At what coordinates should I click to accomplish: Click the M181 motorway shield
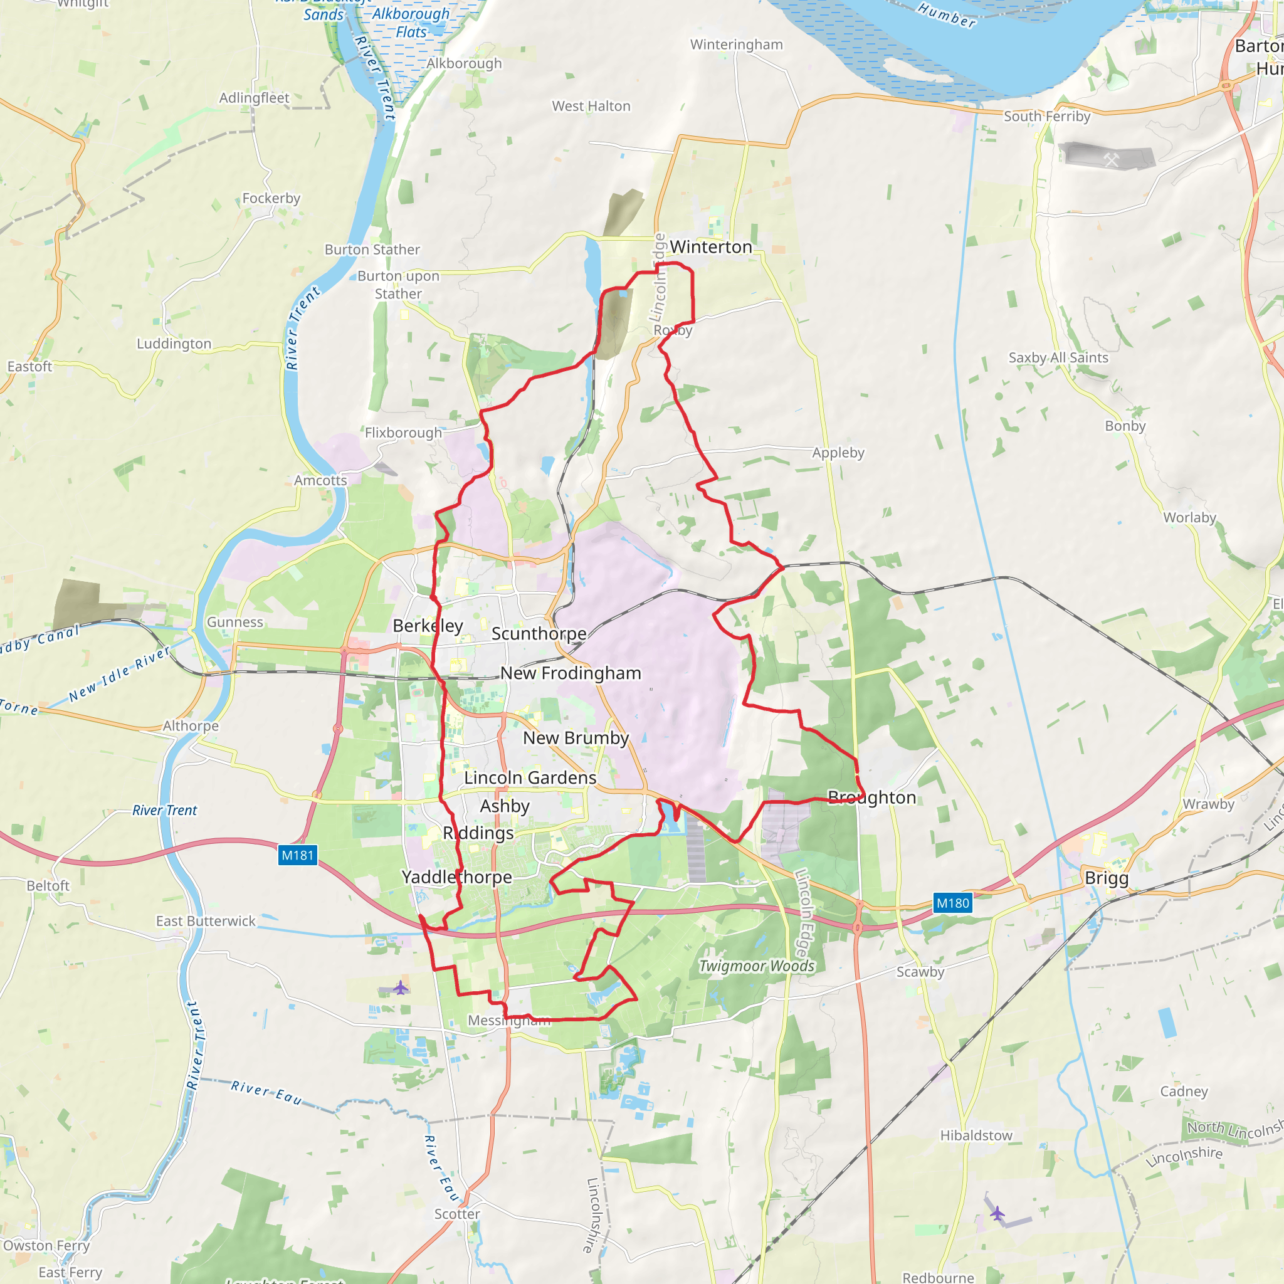(297, 855)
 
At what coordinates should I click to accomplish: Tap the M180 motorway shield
(953, 903)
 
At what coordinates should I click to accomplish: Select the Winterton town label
(710, 246)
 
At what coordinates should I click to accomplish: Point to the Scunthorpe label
(539, 633)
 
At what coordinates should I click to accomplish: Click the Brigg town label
(1107, 878)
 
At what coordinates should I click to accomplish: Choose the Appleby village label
(838, 453)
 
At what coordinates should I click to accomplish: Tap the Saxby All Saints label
(1058, 357)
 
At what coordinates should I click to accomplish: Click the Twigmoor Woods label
(756, 966)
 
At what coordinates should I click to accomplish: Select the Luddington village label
(174, 344)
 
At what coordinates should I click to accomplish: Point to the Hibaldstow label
(976, 1135)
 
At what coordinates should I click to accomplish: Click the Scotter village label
(457, 1214)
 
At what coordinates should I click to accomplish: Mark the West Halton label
(591, 107)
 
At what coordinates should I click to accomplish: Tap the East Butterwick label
(206, 921)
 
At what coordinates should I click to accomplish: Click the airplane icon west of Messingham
(400, 987)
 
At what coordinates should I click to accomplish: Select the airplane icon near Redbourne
(997, 1214)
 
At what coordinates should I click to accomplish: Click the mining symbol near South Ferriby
(1111, 159)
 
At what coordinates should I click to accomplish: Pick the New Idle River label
(120, 675)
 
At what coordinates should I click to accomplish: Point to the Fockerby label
(271, 198)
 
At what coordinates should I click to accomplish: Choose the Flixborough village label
(403, 433)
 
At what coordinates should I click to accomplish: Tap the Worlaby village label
(1189, 518)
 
